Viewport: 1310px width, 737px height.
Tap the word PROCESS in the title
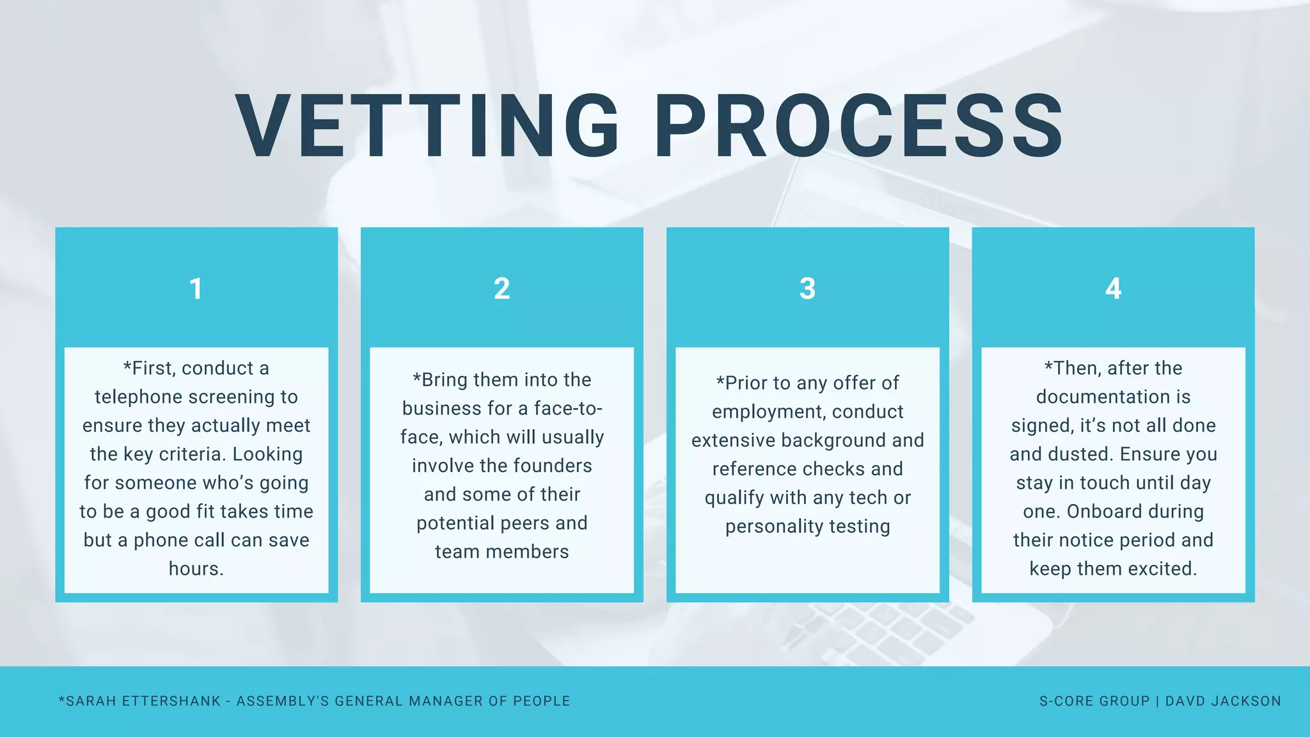[x=858, y=125]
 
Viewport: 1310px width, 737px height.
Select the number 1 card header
[x=196, y=289]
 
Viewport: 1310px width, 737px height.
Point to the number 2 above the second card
[x=501, y=289]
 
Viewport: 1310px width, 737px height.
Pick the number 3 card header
[x=807, y=289]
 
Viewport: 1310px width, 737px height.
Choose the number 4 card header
[x=1113, y=289]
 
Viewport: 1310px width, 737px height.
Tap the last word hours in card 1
[x=196, y=569]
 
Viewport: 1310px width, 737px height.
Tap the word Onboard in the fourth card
[x=1100, y=512]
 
